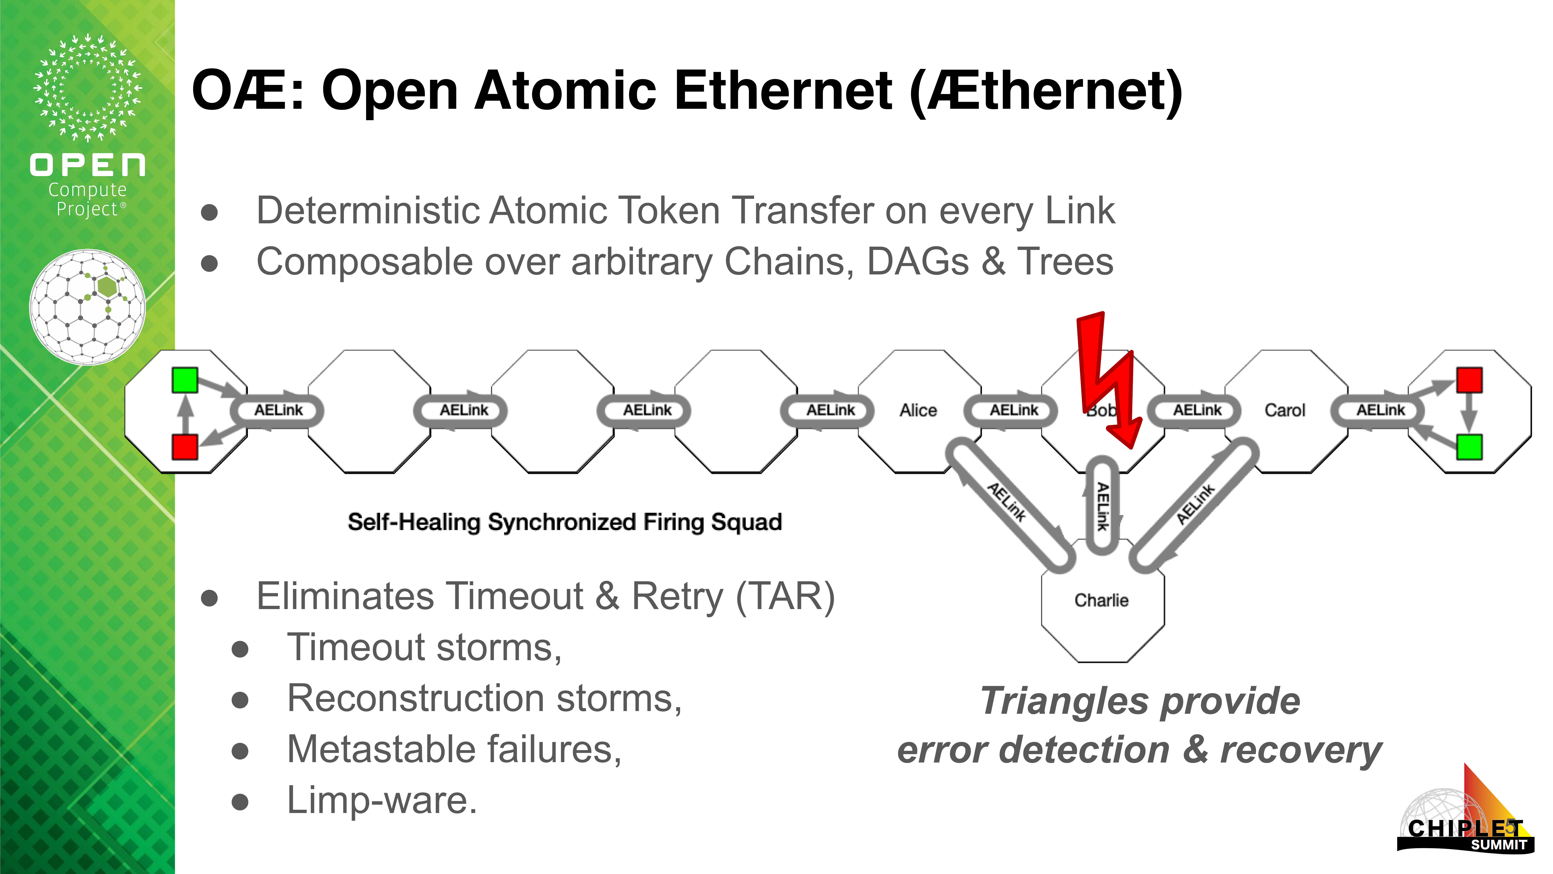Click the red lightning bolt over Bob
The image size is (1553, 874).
click(x=1106, y=380)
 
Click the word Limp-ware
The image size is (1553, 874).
click(x=382, y=800)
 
